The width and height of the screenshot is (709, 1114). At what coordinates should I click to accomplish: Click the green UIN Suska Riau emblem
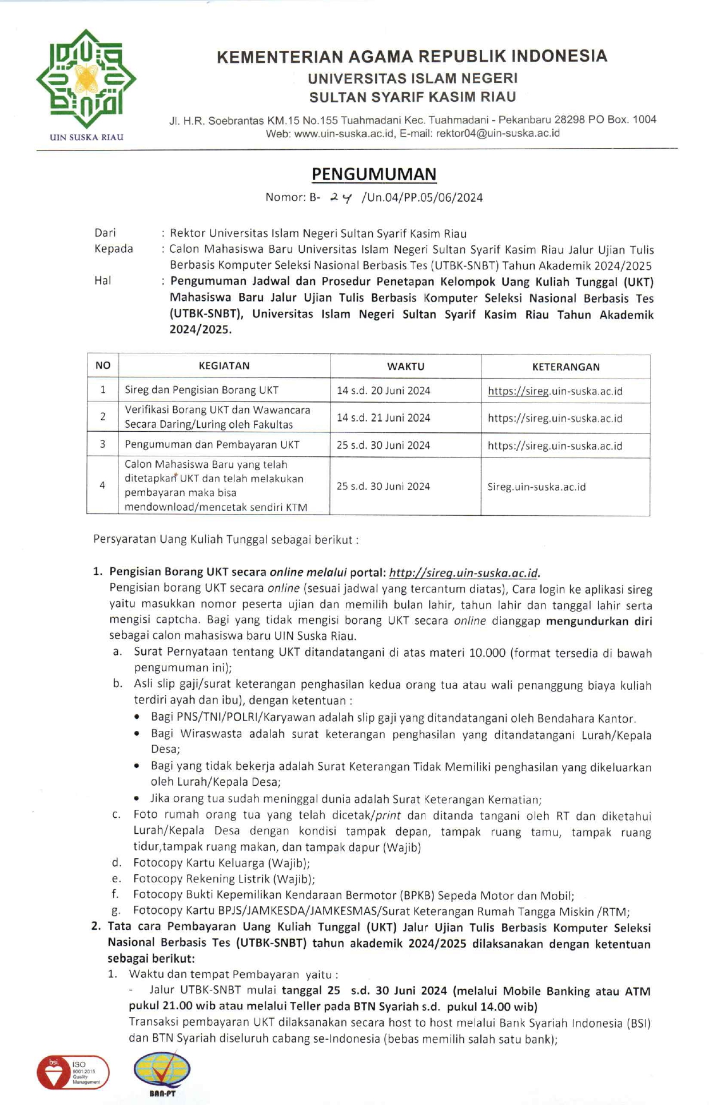tap(86, 79)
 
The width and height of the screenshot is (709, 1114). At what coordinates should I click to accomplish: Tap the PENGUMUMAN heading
tap(374, 174)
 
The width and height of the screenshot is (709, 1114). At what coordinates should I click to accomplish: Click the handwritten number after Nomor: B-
tap(341, 197)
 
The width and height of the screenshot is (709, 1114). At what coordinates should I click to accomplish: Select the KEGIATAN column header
tap(224, 366)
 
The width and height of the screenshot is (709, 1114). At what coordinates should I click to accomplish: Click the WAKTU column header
tap(405, 367)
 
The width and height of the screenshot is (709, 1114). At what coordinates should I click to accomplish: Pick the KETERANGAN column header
tap(565, 367)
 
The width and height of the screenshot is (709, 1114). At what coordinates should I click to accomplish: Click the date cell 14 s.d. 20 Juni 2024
tap(383, 391)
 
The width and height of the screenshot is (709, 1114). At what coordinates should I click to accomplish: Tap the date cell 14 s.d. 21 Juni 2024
tap(383, 418)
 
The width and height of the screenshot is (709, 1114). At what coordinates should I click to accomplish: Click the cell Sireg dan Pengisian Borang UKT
tap(201, 390)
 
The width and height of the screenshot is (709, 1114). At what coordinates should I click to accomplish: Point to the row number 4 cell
tap(103, 486)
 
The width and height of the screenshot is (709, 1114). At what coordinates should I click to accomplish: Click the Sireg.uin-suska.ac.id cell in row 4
tap(536, 487)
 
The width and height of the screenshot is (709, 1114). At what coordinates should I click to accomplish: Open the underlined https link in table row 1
tap(555, 391)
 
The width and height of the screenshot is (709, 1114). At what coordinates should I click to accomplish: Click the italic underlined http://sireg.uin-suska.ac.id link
tap(463, 572)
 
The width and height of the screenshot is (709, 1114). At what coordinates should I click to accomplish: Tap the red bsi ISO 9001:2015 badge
tap(73, 1072)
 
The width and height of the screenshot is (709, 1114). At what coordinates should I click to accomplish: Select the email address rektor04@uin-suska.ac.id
tap(497, 133)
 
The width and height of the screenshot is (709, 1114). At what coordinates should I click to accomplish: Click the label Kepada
tap(113, 249)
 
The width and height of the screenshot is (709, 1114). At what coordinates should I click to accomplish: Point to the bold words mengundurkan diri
tap(599, 621)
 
